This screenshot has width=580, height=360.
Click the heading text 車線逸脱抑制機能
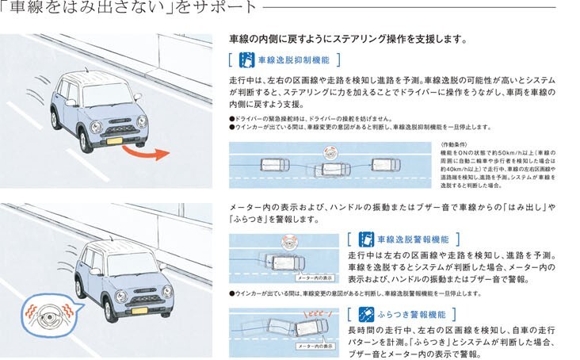point(293,59)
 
